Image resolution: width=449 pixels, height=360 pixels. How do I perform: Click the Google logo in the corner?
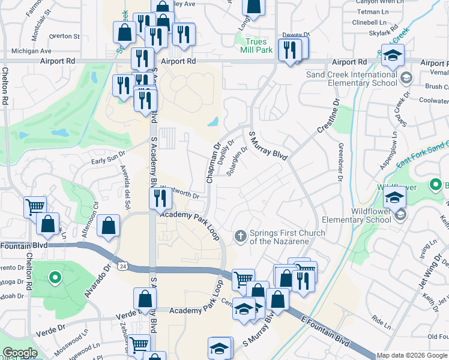[20, 353]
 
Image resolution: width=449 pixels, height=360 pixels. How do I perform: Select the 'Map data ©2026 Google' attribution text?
[411, 355]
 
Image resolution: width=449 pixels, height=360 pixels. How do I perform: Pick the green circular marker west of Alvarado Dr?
[55, 278]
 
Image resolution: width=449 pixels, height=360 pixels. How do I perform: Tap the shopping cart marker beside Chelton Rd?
[35, 207]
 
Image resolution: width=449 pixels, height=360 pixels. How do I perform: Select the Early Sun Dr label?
[107, 158]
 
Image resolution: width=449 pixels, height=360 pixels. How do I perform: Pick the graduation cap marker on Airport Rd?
[394, 55]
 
